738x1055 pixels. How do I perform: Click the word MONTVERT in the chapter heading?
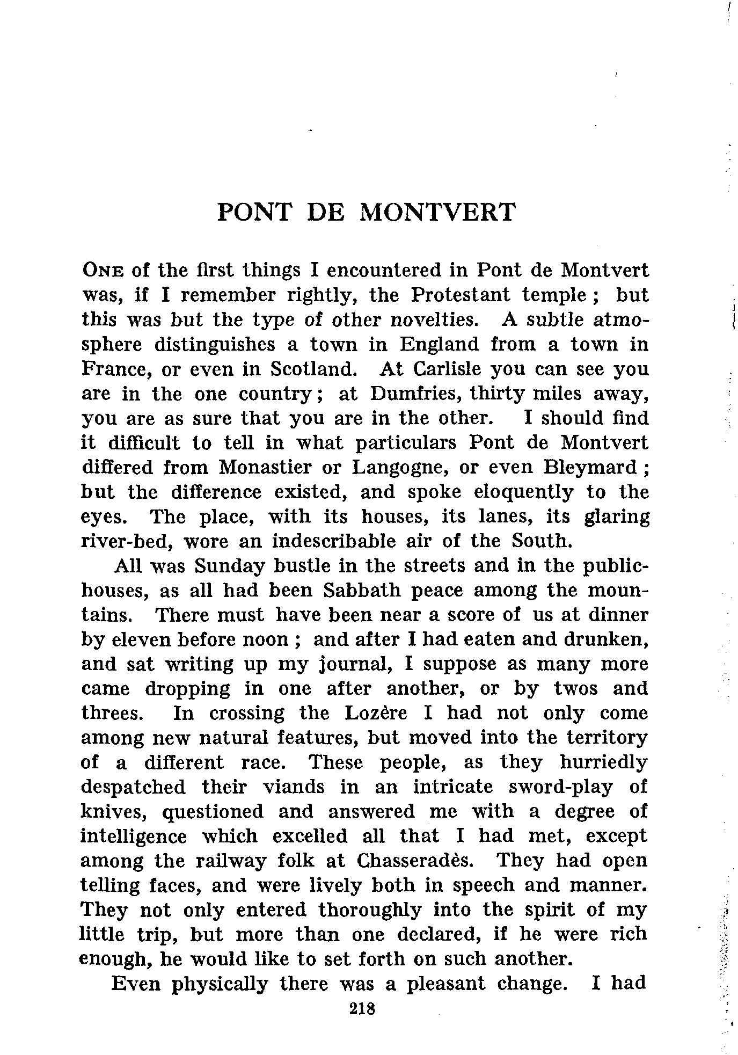[436, 212]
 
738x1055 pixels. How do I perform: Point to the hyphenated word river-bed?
[127, 541]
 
